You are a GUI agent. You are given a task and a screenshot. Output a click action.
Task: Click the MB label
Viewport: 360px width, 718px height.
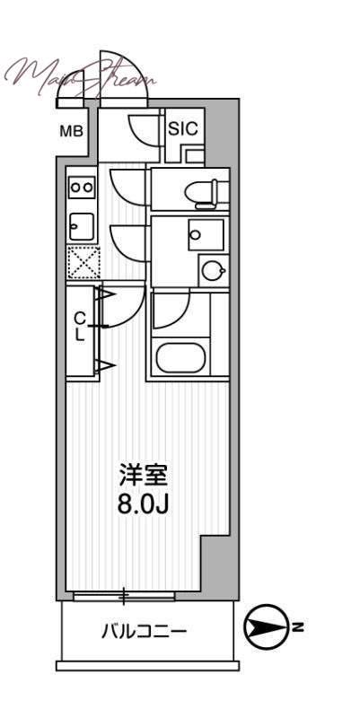(x=72, y=131)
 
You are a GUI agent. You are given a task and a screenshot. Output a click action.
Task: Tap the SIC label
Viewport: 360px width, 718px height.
(x=183, y=128)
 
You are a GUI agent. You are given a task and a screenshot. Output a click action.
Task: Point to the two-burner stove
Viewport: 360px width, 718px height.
(x=82, y=188)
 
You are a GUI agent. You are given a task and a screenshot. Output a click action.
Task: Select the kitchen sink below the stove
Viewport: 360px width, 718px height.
(x=82, y=225)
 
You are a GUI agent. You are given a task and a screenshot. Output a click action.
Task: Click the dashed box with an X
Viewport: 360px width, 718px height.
(x=83, y=263)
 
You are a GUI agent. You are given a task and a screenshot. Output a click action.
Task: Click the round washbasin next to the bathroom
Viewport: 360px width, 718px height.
(x=212, y=270)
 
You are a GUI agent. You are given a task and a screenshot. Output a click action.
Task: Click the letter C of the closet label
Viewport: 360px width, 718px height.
(x=79, y=318)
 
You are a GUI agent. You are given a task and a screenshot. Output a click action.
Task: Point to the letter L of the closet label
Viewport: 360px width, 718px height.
(x=79, y=335)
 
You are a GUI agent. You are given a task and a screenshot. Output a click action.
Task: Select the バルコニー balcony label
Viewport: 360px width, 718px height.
(x=144, y=632)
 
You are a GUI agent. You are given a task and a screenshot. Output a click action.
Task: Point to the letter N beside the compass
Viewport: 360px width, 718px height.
(x=298, y=626)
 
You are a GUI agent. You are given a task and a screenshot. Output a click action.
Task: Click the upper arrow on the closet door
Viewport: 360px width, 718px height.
(x=104, y=294)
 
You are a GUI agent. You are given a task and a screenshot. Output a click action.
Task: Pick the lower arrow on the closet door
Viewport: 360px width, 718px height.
(x=105, y=364)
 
